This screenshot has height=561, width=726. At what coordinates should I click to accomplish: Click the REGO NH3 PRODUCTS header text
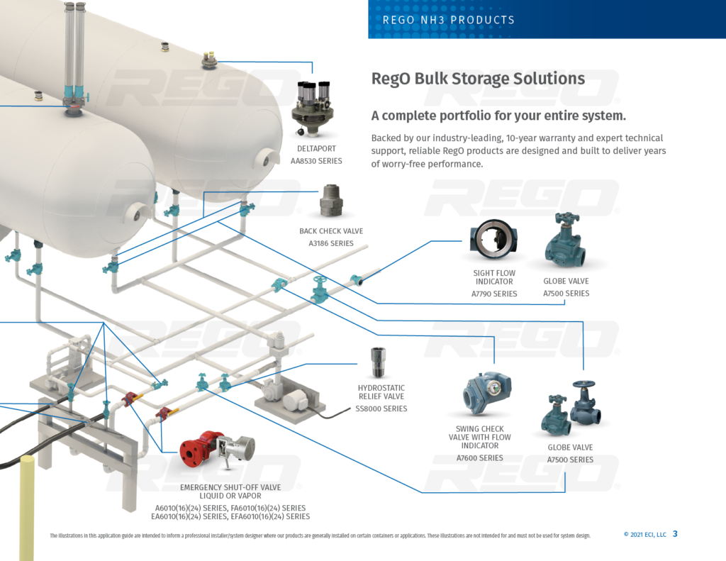point(448,20)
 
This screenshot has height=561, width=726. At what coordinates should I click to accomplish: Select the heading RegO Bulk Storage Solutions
point(478,79)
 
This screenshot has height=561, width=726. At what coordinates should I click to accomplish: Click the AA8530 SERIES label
point(317,161)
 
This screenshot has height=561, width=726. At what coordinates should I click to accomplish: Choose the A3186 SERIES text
point(330,243)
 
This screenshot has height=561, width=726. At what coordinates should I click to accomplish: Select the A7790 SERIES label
point(494,294)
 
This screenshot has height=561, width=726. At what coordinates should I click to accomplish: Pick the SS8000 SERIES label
point(381,409)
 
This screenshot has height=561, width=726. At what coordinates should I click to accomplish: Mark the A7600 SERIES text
point(480,458)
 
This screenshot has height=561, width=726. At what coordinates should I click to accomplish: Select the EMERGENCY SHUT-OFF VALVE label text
point(230,487)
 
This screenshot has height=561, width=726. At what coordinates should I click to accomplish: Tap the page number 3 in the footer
point(675,534)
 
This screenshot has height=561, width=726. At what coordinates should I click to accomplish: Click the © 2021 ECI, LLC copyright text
point(644,535)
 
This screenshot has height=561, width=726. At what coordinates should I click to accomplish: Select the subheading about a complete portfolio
point(498,116)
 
